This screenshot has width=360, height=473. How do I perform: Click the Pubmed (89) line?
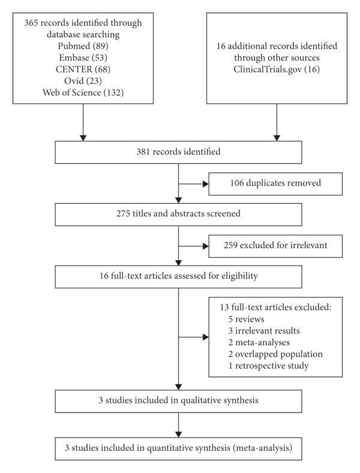83,46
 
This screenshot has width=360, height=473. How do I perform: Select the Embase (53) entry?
83,58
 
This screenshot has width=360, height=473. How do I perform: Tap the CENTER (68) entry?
83,69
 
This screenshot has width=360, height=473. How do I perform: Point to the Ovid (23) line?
83,80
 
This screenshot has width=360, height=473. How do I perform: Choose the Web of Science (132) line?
83,92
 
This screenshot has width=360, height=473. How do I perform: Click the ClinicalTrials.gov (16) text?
277,69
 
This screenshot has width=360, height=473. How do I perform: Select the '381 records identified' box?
178,152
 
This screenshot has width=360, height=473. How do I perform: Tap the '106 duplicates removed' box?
275,183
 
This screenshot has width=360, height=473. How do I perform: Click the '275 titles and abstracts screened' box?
178,215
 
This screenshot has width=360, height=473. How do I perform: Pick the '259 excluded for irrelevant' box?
275,246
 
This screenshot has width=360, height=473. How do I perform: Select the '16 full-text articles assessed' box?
178,276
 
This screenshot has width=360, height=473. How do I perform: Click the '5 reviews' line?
246,319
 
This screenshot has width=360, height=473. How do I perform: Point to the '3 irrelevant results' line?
264,330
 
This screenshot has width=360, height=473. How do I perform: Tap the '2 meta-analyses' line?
259,342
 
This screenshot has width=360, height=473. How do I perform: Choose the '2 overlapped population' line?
275,354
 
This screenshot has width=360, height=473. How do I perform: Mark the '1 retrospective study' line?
268,366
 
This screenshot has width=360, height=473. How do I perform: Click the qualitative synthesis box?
178,401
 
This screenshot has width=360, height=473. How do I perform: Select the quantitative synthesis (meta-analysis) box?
178,448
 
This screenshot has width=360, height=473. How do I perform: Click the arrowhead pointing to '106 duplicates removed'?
206,183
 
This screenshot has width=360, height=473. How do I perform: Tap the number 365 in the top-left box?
31,23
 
